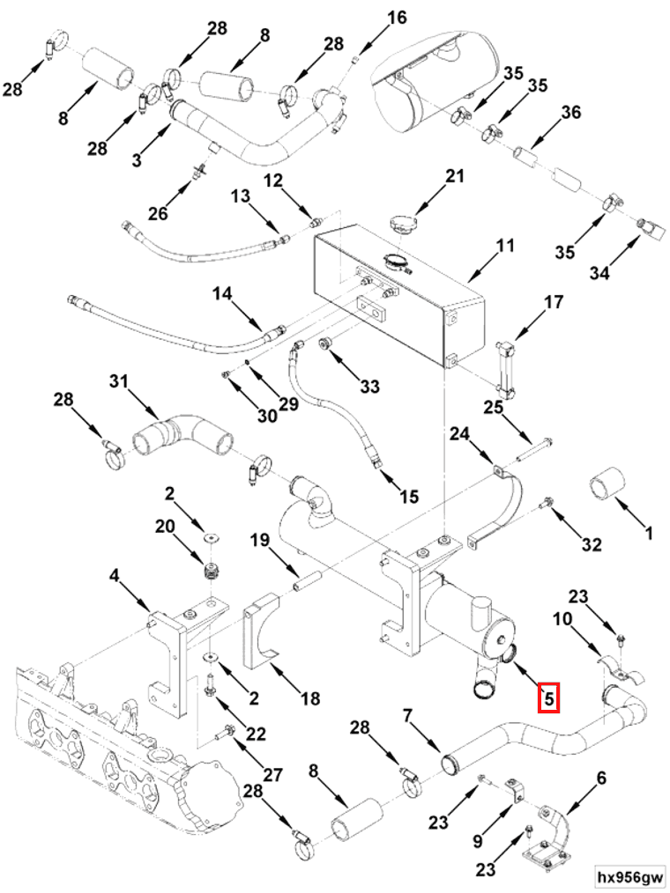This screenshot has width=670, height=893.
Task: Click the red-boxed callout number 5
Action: (548, 699)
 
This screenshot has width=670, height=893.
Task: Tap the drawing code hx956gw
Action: (629, 877)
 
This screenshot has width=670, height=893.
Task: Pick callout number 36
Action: (571, 113)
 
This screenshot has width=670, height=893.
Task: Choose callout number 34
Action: (599, 273)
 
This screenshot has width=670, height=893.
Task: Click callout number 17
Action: (553, 304)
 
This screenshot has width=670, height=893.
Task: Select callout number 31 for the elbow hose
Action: (119, 381)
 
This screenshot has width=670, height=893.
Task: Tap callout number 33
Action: (369, 386)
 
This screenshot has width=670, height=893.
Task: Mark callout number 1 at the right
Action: (649, 533)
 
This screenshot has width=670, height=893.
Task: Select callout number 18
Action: (309, 699)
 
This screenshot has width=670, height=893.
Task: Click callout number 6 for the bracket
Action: (602, 778)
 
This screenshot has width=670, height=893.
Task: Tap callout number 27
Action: (272, 775)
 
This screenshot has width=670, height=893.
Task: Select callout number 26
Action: (158, 213)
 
